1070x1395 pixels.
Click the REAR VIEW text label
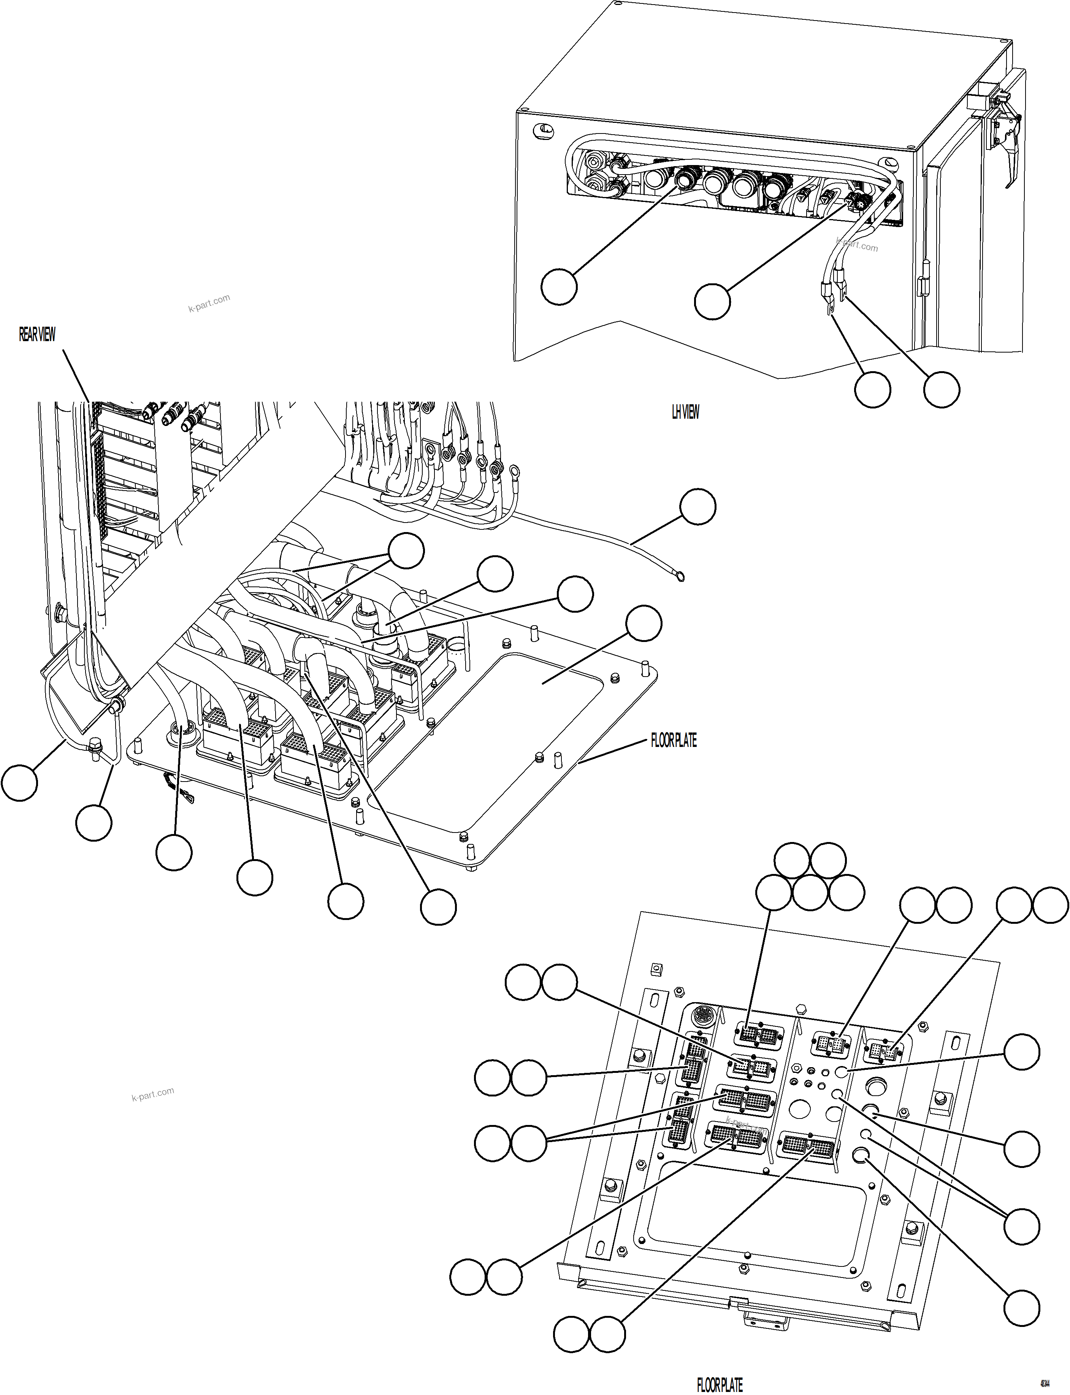pyautogui.click(x=37, y=335)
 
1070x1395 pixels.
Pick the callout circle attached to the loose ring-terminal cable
pyautogui.click(x=697, y=507)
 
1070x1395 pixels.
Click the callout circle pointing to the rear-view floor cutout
pyautogui.click(x=643, y=623)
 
